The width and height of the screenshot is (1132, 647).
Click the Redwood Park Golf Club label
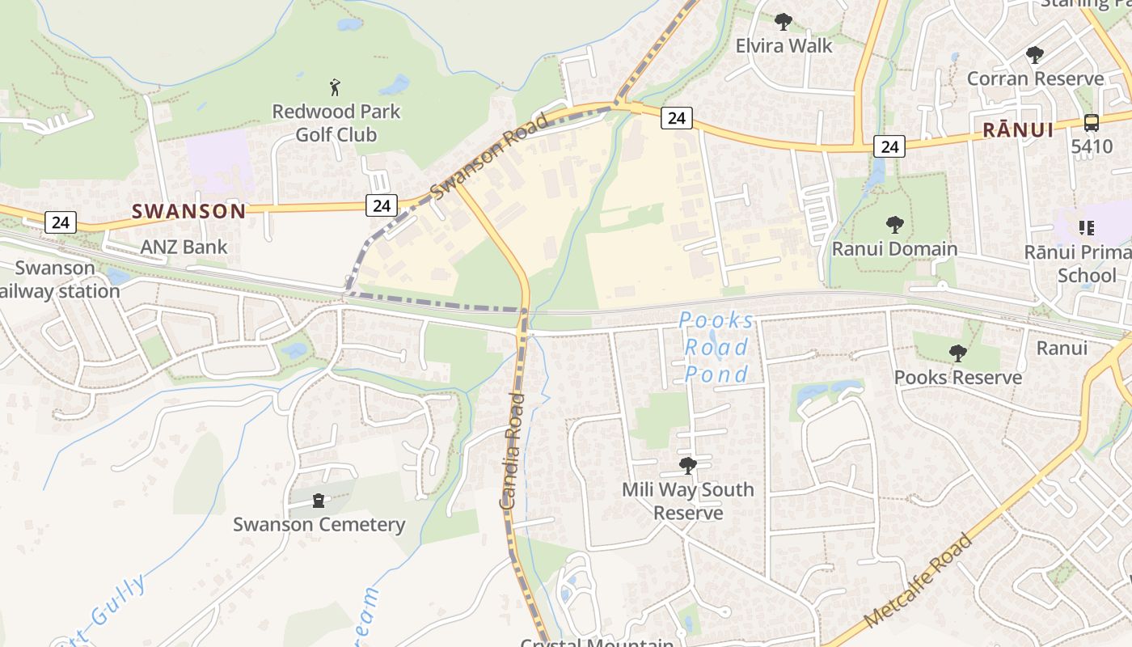tap(336, 123)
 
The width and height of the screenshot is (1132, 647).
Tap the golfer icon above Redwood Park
tap(336, 87)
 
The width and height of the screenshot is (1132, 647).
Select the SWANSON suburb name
tap(188, 211)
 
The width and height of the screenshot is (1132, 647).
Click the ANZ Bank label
tap(184, 247)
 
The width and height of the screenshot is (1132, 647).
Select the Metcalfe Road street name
tap(918, 581)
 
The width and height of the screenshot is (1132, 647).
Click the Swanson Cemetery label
tap(319, 524)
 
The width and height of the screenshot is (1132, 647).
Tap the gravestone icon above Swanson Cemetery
tap(319, 501)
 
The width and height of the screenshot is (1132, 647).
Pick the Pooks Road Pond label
tap(716, 347)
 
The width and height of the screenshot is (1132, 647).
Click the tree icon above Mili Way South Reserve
tap(688, 466)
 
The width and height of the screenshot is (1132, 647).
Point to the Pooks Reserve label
tap(958, 377)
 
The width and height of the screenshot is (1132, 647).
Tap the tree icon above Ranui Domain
tap(894, 224)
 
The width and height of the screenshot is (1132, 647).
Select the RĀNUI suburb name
tap(1018, 129)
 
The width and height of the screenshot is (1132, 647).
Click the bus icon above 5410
tap(1091, 123)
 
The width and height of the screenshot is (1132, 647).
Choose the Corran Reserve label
tap(1035, 78)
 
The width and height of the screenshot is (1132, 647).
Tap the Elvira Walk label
tap(784, 46)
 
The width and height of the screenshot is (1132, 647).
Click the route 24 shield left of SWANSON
tap(61, 222)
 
